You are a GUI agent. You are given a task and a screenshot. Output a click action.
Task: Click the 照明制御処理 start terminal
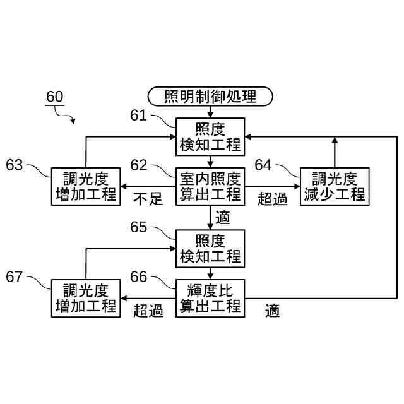(210, 97)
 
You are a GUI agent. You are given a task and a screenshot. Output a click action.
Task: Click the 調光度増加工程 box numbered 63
(86, 186)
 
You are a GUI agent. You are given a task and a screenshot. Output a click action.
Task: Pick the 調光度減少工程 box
(333, 186)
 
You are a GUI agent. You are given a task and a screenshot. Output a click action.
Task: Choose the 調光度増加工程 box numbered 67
(86, 298)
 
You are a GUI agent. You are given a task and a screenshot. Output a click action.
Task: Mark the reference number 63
(15, 165)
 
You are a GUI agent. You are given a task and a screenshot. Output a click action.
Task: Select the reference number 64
(263, 165)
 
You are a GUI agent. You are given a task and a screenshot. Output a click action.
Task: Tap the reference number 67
(15, 277)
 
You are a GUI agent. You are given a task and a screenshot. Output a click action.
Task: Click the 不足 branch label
(148, 199)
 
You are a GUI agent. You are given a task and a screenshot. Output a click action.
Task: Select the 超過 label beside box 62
(273, 199)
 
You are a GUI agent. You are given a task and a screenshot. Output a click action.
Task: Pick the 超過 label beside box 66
(148, 311)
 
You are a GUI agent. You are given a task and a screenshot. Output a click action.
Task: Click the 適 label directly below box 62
(223, 218)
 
